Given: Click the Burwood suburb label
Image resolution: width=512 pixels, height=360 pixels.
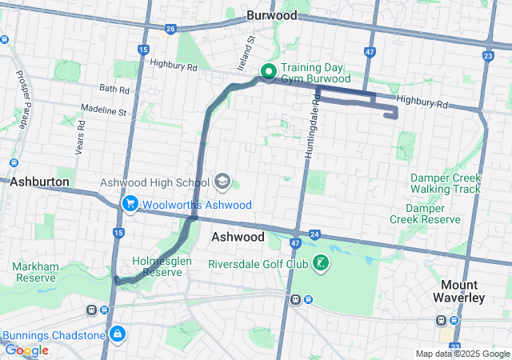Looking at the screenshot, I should click(x=272, y=15).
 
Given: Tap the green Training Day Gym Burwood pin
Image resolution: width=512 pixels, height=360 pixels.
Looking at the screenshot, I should click(x=268, y=73).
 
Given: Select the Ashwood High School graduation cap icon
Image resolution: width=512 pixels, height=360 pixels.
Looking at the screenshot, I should click(x=222, y=182).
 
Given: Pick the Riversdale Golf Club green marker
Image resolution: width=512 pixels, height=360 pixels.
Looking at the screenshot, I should click(x=321, y=264).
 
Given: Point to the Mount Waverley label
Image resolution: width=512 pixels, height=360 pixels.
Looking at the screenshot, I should click(x=463, y=291).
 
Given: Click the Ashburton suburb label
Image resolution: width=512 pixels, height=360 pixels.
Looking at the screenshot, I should click(x=39, y=182).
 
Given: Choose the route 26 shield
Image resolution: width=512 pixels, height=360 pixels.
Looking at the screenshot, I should click(x=170, y=29).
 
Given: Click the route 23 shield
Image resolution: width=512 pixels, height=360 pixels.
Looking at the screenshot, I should click(x=488, y=55).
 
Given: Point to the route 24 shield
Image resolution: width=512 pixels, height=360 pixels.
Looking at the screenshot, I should click(x=314, y=234).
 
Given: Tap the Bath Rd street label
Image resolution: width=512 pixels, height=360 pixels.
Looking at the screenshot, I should click(x=114, y=89).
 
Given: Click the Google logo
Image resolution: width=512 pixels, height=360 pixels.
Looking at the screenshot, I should click(x=26, y=350).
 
